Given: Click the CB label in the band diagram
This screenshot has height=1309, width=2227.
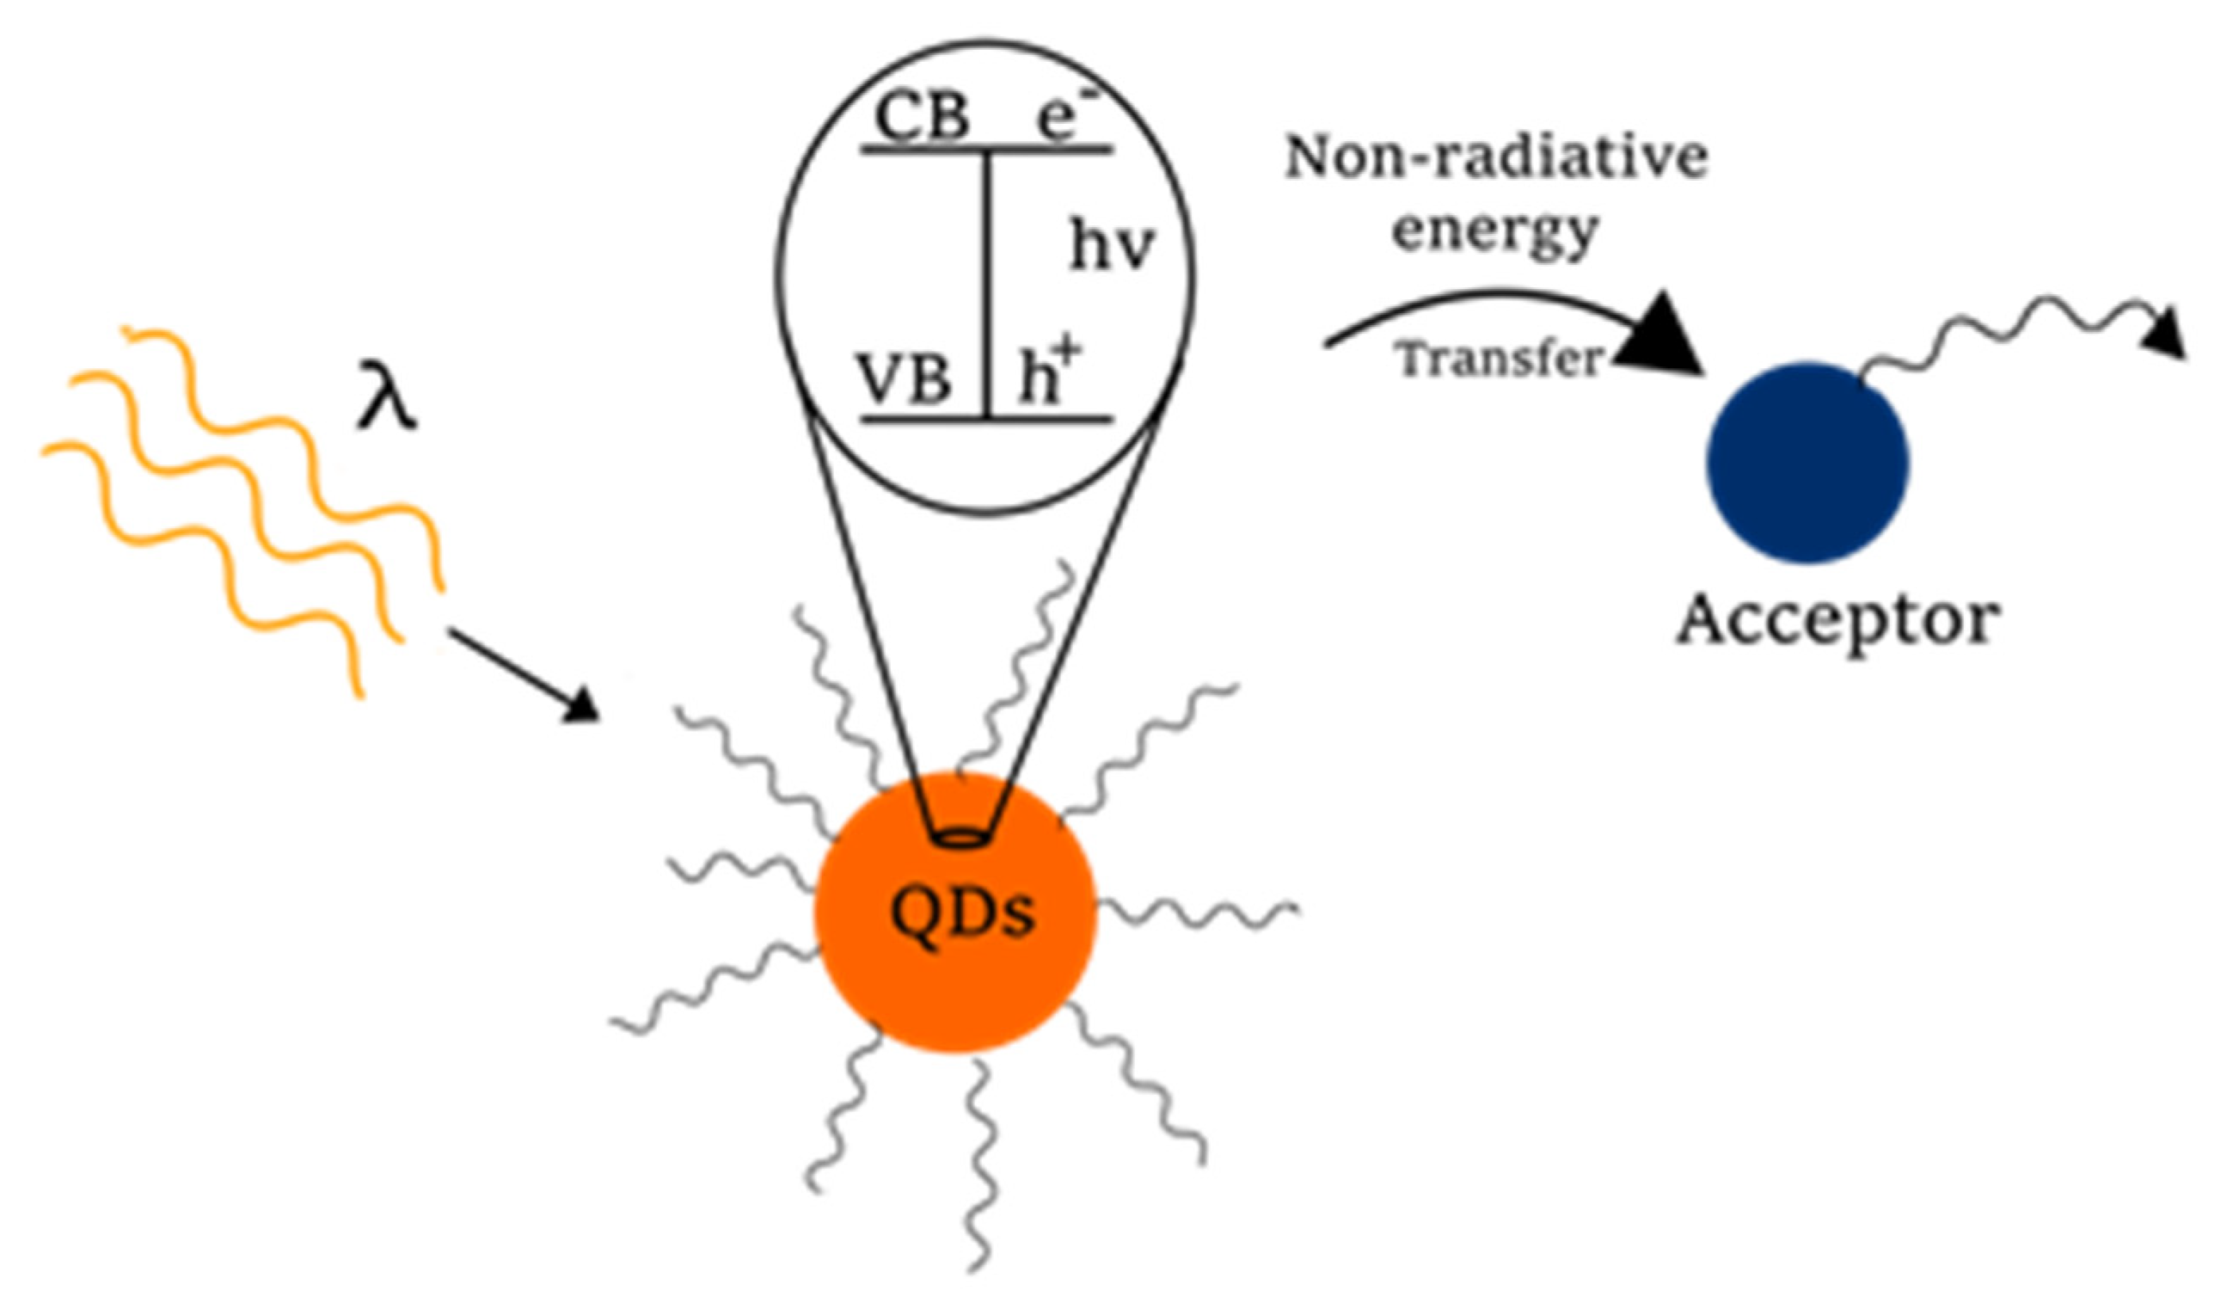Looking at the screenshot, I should click(922, 117).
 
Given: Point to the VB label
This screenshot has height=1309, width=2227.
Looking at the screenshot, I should click(904, 380).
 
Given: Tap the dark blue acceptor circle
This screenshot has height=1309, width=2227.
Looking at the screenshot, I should click(1807, 464).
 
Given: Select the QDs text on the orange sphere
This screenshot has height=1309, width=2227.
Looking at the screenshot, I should click(961, 913).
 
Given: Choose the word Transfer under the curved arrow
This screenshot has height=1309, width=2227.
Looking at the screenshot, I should click(1500, 359).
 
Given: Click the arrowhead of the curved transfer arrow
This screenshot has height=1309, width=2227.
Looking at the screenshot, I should click(1661, 336).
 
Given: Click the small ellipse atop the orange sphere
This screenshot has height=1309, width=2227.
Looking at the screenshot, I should click(958, 837).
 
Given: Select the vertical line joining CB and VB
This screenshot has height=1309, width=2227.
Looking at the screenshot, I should click(988, 283).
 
